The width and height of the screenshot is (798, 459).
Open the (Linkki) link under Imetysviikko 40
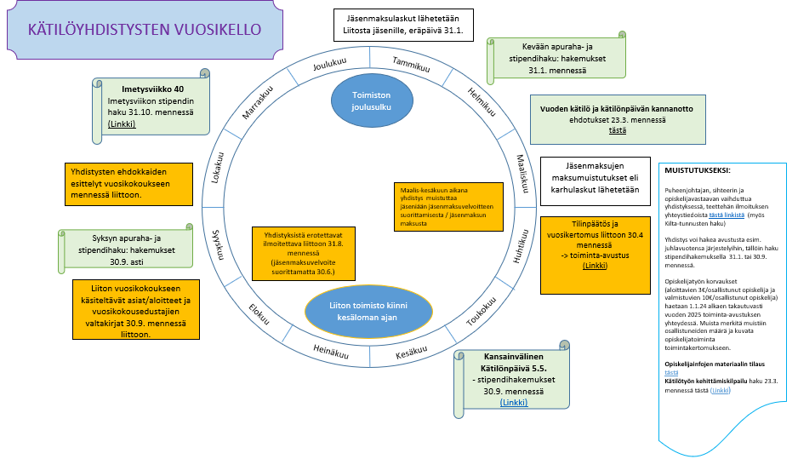point(122,124)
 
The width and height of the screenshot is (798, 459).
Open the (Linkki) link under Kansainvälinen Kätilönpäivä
point(513,402)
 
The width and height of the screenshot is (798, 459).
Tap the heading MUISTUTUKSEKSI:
point(697,170)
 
